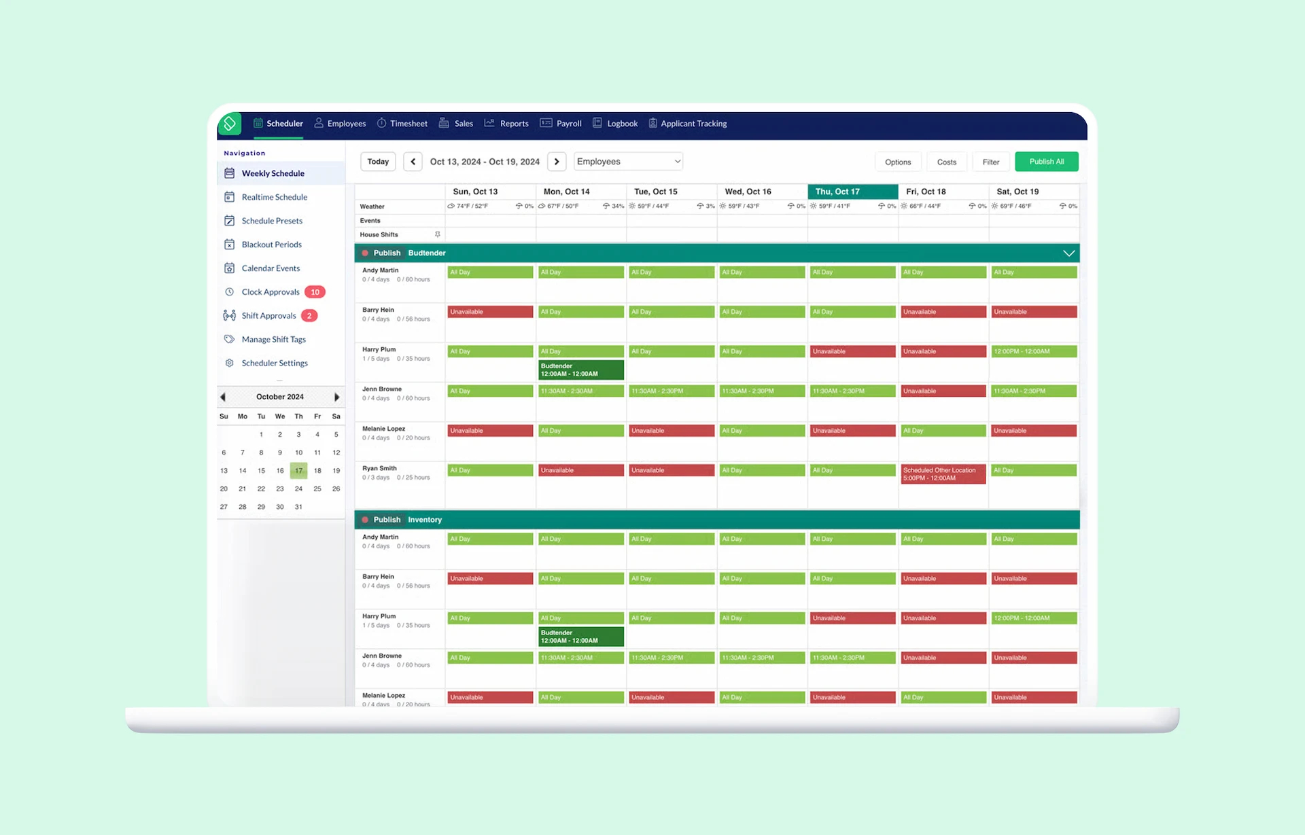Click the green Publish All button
[x=1046, y=162]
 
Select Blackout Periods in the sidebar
[x=271, y=245]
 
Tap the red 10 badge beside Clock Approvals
[x=315, y=292]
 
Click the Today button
[x=378, y=162]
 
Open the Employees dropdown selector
[x=628, y=162]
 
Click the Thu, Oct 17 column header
[x=852, y=192]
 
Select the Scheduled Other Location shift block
[x=943, y=474]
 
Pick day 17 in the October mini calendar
[x=298, y=471]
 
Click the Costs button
[x=946, y=162]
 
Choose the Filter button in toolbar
[x=990, y=162]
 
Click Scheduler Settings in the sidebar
[x=274, y=363]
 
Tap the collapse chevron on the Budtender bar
[x=1068, y=253]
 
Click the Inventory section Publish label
[x=387, y=520]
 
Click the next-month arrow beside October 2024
[x=336, y=397]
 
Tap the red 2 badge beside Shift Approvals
[x=309, y=316]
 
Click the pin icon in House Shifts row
[x=437, y=234]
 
